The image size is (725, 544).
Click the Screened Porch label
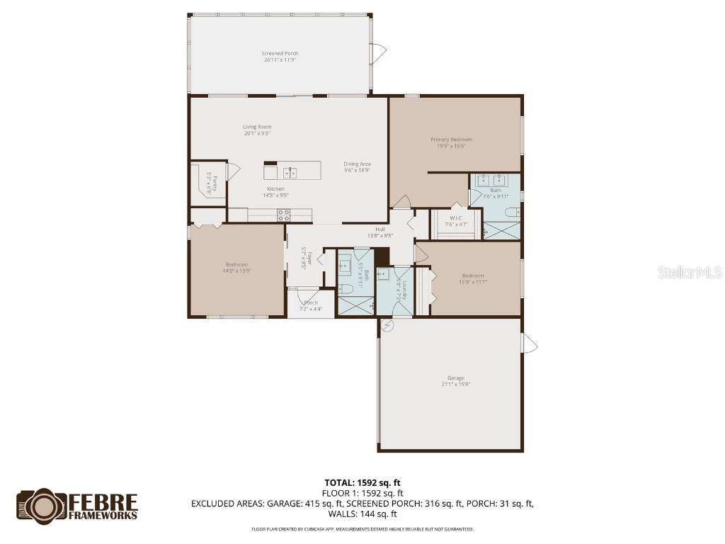pos(280,54)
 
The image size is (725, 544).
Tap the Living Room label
pos(258,127)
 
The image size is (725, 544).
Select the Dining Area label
pos(358,164)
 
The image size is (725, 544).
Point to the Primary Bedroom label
pos(451,140)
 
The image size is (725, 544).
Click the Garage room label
pos(455,378)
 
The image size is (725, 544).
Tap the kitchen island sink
pos(290,172)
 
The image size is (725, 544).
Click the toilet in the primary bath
pos(518,211)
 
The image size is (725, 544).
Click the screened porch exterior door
pos(380,51)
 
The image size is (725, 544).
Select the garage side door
pos(529,345)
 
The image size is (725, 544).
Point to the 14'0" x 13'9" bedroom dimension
pos(237,271)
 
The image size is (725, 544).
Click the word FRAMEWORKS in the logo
pos(103,515)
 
